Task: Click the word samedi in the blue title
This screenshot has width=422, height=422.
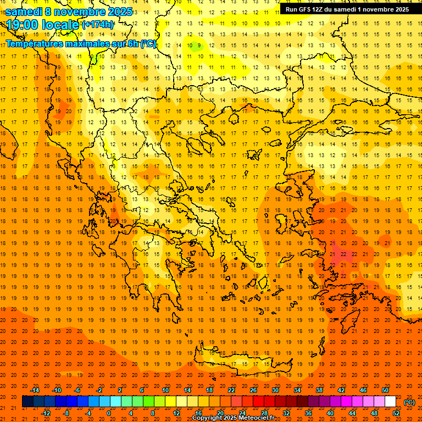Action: [x=23, y=12]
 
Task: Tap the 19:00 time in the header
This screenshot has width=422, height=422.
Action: [x=21, y=25]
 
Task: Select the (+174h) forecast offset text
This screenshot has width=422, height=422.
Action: [x=98, y=25]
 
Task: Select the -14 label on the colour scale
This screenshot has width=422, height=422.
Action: [x=35, y=390]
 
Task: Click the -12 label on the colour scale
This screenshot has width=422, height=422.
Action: [x=46, y=413]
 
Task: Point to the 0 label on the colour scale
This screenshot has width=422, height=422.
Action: [x=109, y=413]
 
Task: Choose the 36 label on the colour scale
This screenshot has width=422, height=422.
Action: [x=308, y=413]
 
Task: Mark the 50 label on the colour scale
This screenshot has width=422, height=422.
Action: [x=386, y=390]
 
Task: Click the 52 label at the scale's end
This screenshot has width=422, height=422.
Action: [x=396, y=413]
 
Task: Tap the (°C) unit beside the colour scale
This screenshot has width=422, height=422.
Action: [x=409, y=402]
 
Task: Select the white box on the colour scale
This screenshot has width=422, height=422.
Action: [x=391, y=402]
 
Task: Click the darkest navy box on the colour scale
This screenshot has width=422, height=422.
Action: [x=27, y=402]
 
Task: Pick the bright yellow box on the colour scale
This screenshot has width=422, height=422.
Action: [x=170, y=402]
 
